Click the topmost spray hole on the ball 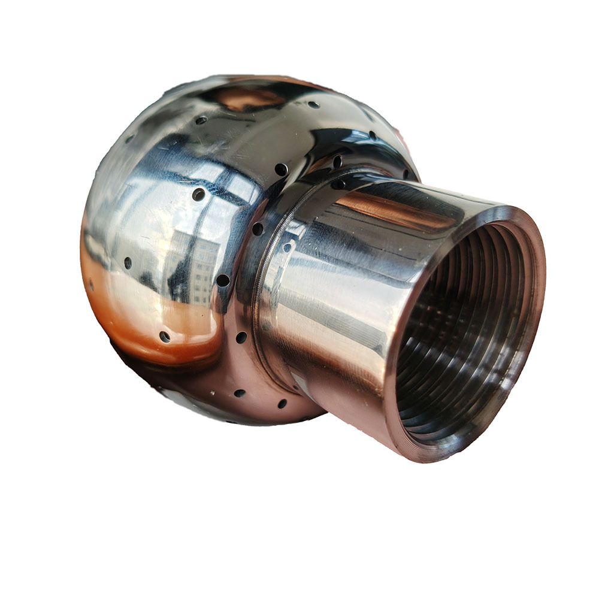(312, 105)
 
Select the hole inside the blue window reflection (198, 194)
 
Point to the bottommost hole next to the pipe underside (282, 404)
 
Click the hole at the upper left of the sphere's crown (201, 120)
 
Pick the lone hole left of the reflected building (128, 262)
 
